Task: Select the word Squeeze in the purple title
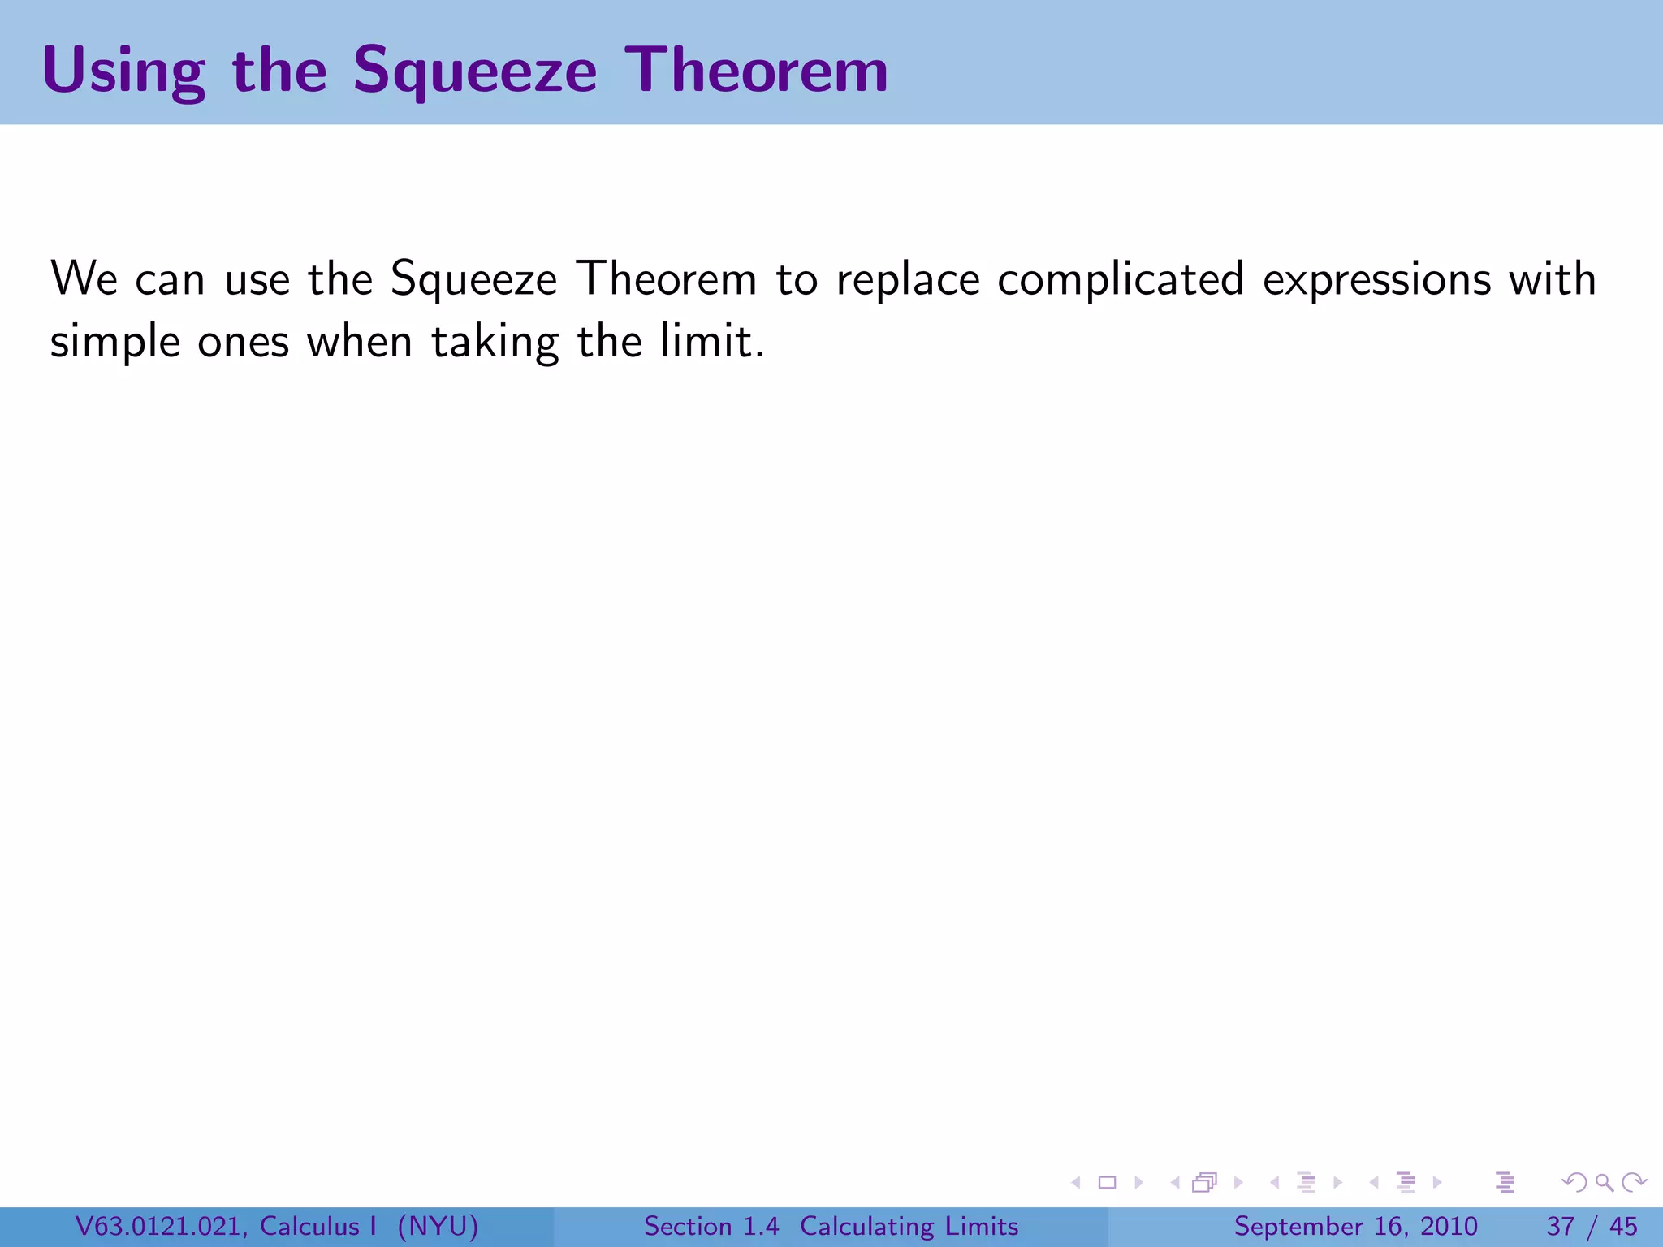[x=475, y=71]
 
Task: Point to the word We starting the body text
[x=84, y=278]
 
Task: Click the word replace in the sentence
[x=908, y=280]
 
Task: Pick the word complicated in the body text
[x=1121, y=280]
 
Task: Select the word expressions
[x=1377, y=280]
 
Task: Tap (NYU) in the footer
[x=438, y=1227]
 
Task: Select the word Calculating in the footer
[x=867, y=1227]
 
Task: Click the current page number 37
[x=1561, y=1227]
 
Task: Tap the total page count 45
[x=1623, y=1227]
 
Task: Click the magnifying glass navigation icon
[x=1604, y=1183]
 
